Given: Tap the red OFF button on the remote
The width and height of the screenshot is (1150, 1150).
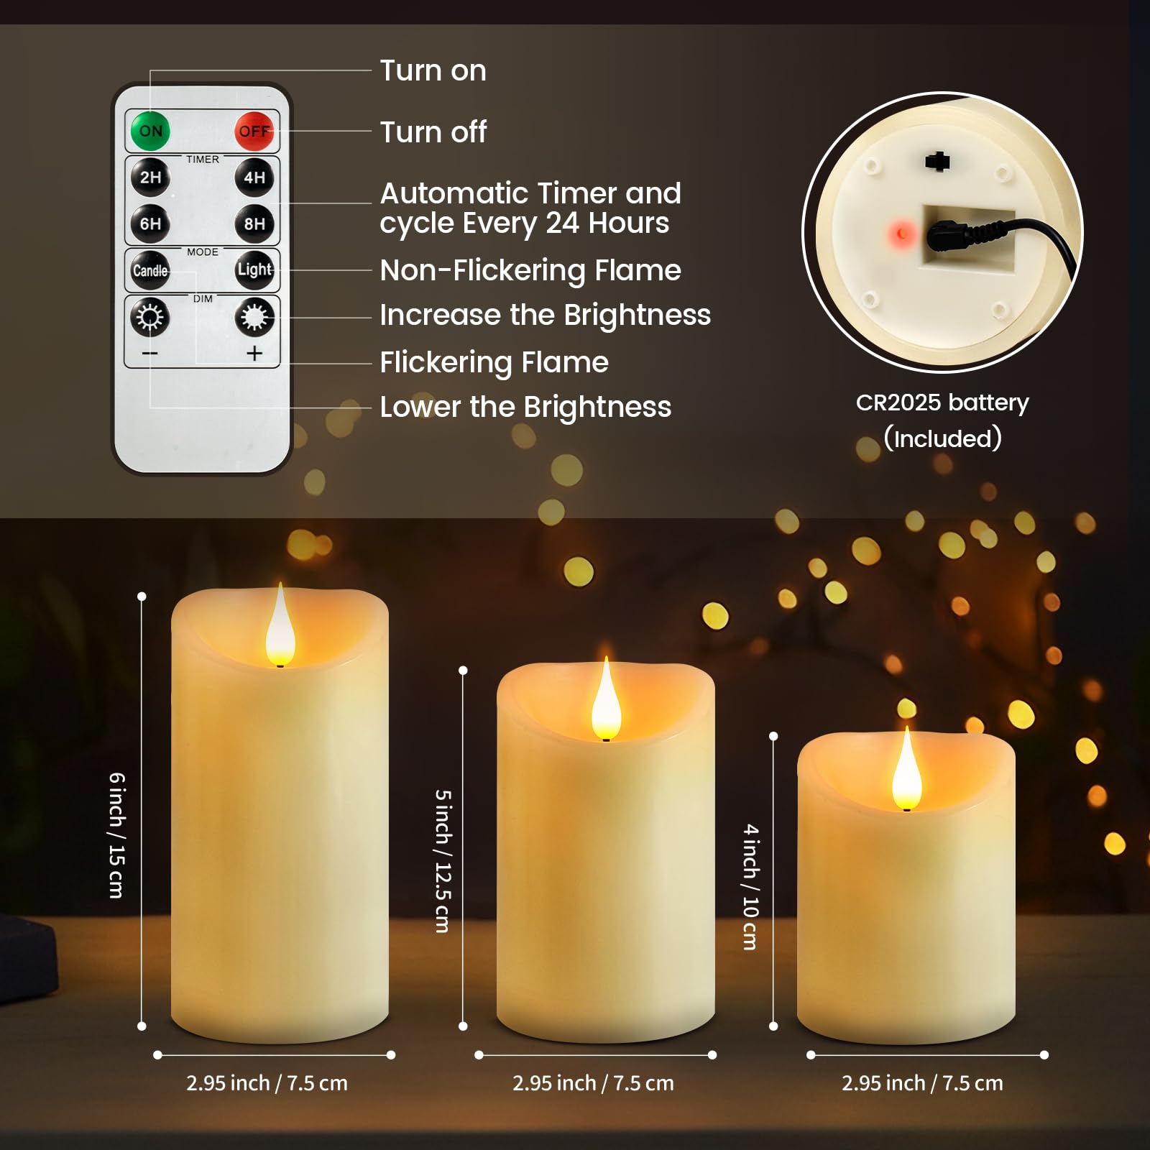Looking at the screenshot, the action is pyautogui.click(x=254, y=131).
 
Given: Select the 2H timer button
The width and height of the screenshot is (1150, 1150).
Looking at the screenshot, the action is pyautogui.click(x=150, y=178).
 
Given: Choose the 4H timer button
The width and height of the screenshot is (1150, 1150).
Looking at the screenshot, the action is pyautogui.click(x=254, y=178).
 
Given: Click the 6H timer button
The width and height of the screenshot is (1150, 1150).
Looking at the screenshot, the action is pyautogui.click(x=150, y=224).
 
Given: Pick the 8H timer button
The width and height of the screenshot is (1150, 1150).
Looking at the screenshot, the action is pyautogui.click(x=254, y=224).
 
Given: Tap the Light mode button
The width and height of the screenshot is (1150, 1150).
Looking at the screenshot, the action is pyautogui.click(x=254, y=270).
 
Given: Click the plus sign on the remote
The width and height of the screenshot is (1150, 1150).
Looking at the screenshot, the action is pyautogui.click(x=254, y=353).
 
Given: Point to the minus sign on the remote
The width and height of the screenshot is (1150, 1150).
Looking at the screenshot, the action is pyautogui.click(x=149, y=353).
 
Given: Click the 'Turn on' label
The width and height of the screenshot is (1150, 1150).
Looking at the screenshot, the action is pyautogui.click(x=433, y=70).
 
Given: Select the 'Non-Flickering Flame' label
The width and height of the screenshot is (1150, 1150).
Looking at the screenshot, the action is pyautogui.click(x=530, y=271).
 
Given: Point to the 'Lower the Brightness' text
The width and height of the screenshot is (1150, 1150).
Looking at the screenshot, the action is pyautogui.click(x=525, y=407).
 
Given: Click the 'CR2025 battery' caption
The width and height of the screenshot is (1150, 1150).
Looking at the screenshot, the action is pyautogui.click(x=942, y=403).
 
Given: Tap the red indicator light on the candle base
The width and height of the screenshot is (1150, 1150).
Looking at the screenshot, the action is pyautogui.click(x=901, y=234).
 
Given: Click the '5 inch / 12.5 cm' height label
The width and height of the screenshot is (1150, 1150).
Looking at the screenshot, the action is pyautogui.click(x=443, y=861).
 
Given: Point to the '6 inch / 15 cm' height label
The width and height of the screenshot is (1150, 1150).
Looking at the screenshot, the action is pyautogui.click(x=116, y=835).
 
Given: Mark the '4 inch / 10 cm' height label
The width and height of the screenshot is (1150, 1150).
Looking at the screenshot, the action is pyautogui.click(x=750, y=887).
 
